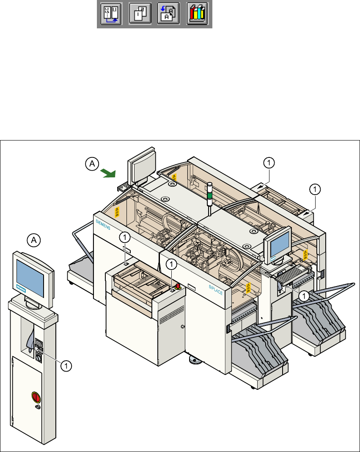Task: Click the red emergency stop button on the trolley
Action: click(178, 287)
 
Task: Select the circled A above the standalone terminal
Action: click(34, 240)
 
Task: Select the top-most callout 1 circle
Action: click(269, 161)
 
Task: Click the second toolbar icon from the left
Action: click(139, 14)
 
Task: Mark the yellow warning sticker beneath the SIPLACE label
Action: click(248, 288)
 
